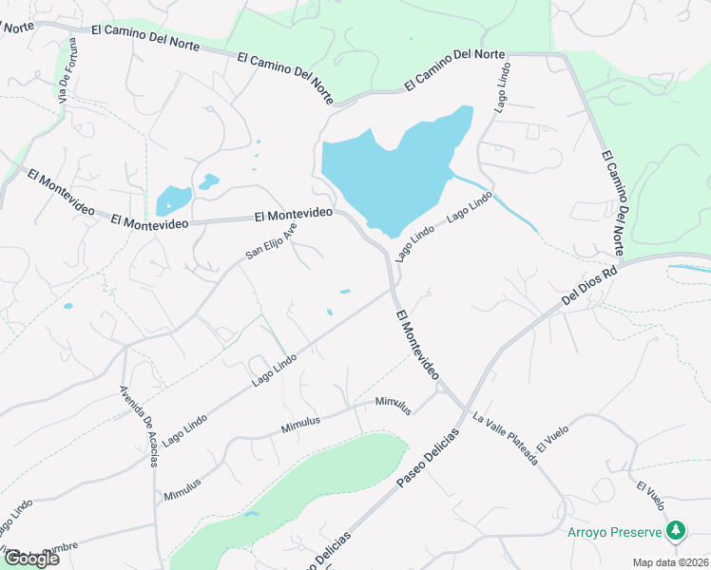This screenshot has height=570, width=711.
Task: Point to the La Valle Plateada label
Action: (x=506, y=440)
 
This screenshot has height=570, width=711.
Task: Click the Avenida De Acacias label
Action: (x=140, y=427)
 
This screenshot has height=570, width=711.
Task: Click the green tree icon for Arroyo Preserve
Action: (x=676, y=529)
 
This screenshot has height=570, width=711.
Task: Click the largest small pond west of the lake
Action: (x=172, y=200)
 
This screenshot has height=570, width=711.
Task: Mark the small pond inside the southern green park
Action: (x=251, y=514)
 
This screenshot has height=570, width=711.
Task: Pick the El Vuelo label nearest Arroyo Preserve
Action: (x=650, y=495)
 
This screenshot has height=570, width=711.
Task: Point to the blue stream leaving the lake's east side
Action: (x=494, y=200)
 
